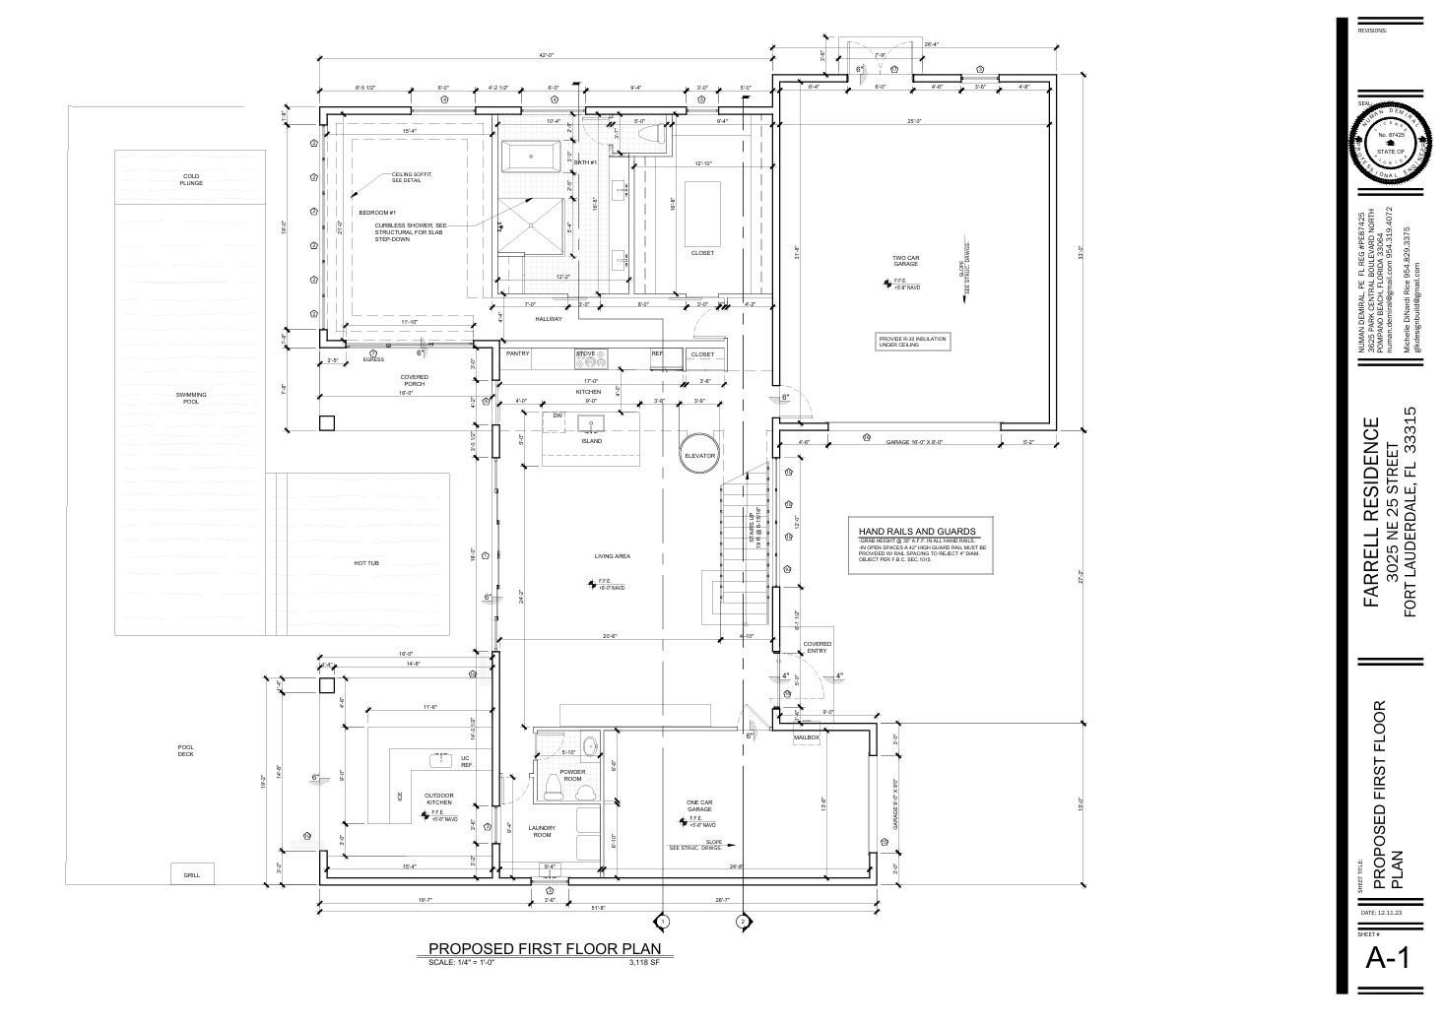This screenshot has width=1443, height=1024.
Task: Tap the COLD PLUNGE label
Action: click(191, 180)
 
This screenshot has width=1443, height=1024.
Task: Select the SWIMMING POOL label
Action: click(191, 398)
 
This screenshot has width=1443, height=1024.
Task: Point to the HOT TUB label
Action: click(366, 563)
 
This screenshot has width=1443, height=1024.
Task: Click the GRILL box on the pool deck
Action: click(191, 874)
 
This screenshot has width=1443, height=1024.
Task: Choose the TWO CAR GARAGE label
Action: click(905, 261)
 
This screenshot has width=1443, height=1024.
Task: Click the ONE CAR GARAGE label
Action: click(699, 805)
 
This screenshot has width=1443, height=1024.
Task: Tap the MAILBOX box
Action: click(807, 736)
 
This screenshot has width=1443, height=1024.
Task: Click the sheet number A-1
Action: click(1388, 957)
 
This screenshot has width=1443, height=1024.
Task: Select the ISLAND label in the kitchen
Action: click(591, 441)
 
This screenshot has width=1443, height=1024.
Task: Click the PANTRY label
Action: click(518, 353)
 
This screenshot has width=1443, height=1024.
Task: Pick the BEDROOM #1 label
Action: click(376, 213)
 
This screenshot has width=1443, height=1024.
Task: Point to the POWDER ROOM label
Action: click(572, 775)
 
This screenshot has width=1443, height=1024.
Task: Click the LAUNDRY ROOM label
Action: click(542, 831)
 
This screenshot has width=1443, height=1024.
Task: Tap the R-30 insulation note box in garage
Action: click(911, 342)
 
